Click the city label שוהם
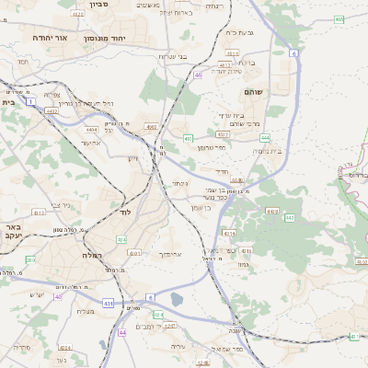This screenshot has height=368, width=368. click(255, 92)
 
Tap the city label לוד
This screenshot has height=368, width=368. click(126, 212)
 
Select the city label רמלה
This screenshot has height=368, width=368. click(92, 255)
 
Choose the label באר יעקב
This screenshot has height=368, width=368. click(12, 231)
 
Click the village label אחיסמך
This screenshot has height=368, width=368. click(172, 253)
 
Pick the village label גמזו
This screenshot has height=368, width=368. click(243, 264)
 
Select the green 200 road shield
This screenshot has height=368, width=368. click(30, 260)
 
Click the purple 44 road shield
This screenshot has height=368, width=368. click(121, 332)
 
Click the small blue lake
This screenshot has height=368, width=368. click(176, 299)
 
